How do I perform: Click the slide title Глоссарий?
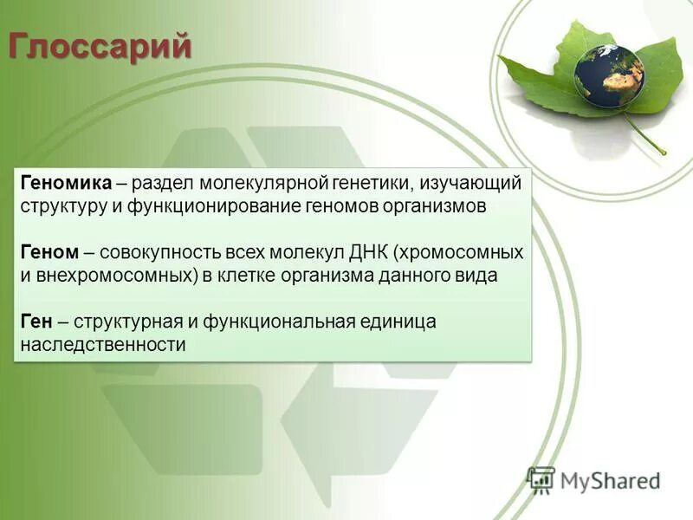[100, 45]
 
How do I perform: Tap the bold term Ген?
[37, 322]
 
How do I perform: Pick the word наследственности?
[103, 345]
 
